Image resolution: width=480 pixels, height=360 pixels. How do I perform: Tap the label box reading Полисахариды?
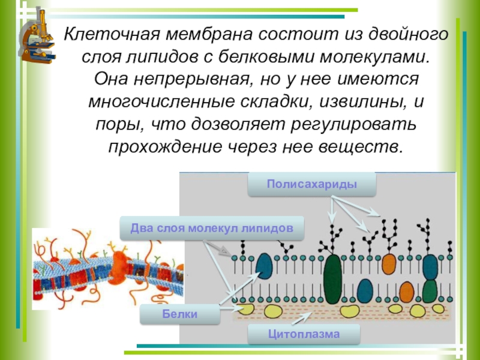[312, 184]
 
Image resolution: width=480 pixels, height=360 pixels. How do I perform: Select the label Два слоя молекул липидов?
[212, 229]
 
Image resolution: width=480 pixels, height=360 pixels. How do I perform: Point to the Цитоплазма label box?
[304, 334]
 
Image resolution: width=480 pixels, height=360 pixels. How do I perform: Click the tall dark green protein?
[332, 278]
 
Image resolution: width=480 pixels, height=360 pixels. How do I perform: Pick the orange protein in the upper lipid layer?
[389, 263]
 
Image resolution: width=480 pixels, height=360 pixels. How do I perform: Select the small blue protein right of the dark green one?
[365, 290]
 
